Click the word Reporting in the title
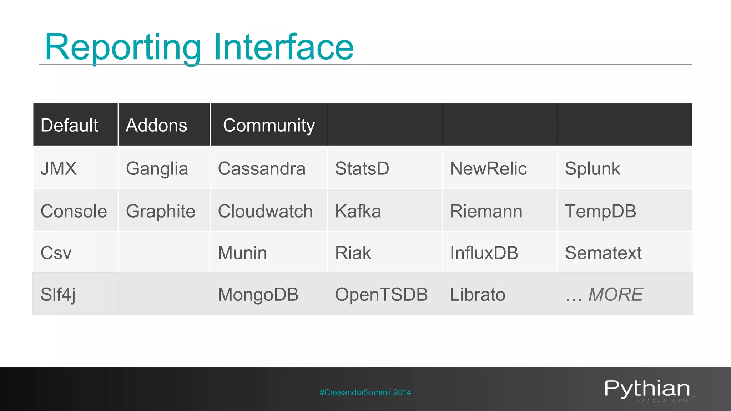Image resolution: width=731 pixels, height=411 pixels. click(x=123, y=47)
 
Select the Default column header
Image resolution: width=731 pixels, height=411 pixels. click(x=69, y=125)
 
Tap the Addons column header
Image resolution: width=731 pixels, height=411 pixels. click(x=156, y=125)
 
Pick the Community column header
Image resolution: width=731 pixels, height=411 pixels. click(x=269, y=126)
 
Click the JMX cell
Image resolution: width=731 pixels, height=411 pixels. click(x=59, y=168)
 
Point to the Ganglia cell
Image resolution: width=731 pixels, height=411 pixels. click(x=157, y=169)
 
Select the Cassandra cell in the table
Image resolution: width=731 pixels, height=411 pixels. click(x=262, y=168)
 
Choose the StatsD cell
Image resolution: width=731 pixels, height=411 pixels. click(x=362, y=168)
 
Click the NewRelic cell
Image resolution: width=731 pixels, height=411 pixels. click(x=488, y=168)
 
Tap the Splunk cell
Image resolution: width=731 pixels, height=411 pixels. click(x=593, y=168)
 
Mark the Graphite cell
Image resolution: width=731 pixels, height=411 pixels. click(x=161, y=211)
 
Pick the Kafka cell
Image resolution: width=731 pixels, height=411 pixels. click(x=358, y=211)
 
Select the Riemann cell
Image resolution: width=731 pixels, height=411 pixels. click(x=486, y=211)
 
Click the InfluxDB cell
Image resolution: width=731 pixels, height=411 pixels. click(x=484, y=253)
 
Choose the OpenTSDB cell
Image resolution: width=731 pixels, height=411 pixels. click(x=381, y=295)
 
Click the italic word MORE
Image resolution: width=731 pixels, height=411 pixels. click(x=615, y=295)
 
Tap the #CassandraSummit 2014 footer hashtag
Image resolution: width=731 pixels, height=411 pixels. click(x=365, y=392)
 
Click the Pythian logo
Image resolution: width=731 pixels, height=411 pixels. click(x=647, y=390)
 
